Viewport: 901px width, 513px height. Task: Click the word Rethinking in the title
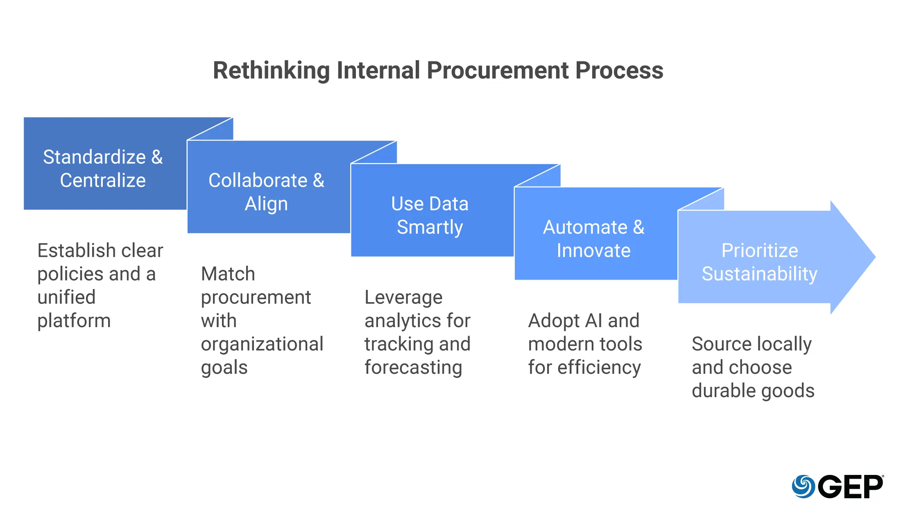pos(271,70)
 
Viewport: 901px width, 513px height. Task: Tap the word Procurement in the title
pos(497,70)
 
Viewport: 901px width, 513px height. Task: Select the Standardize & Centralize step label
pos(103,168)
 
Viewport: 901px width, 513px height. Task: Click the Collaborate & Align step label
pos(266,192)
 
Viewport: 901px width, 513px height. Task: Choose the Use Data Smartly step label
pos(430,215)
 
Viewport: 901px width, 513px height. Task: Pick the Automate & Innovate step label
pos(593,238)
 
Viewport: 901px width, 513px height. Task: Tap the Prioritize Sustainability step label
pos(759,262)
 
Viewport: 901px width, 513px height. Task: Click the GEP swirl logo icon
pos(803,486)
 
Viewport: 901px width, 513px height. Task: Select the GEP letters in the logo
pos(851,487)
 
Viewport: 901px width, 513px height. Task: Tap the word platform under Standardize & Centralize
pos(74,321)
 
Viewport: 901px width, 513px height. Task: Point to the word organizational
pos(262,344)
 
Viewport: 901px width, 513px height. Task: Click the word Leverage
pos(403,297)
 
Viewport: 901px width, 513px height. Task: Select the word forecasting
pos(413,367)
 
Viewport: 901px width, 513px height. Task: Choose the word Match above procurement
pos(228,274)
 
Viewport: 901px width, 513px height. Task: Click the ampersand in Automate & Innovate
pos(638,227)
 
